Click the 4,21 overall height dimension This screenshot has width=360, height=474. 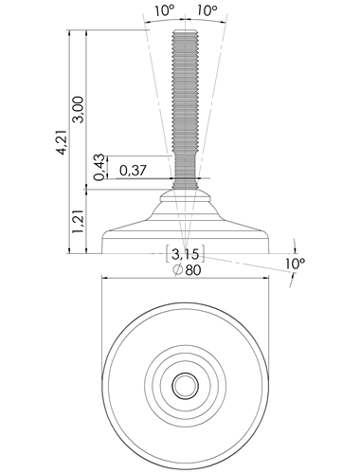coord(62,141)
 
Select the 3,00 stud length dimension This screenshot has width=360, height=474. coord(78,109)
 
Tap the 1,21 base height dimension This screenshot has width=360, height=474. coord(78,222)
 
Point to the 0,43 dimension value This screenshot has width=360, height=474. coord(99,167)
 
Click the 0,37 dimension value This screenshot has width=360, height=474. coord(133,171)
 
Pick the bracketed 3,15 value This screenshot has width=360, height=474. coord(186,253)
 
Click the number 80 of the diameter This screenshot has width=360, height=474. coord(193,270)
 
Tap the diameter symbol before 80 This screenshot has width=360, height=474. coord(178,270)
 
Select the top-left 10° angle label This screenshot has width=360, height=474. coord(164,11)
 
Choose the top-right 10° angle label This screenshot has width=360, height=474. coord(207,11)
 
